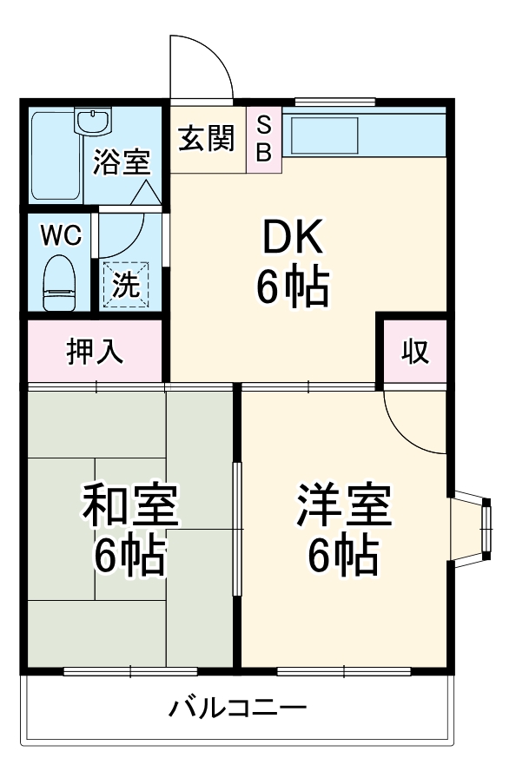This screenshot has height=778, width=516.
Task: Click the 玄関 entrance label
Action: tap(206, 138)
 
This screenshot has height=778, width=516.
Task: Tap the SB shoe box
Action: tap(264, 140)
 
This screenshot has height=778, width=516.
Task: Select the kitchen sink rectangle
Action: tap(325, 135)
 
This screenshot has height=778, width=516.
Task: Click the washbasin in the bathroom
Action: tap(93, 122)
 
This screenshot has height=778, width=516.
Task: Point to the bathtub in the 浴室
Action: tap(56, 156)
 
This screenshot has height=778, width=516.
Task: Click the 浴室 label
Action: tap(122, 162)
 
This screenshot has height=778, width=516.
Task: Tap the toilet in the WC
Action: tap(60, 283)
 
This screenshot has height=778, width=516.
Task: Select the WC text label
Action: tap(61, 235)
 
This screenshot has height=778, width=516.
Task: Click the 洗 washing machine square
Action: tap(126, 283)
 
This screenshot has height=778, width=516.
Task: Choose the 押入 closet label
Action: tap(95, 352)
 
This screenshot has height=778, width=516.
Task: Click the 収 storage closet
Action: tap(415, 352)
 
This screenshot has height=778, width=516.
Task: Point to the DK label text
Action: tap(292, 237)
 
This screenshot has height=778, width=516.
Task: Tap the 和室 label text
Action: tap(130, 505)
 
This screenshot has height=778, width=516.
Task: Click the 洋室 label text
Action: tap(344, 504)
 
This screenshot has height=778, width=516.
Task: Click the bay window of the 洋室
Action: tap(472, 529)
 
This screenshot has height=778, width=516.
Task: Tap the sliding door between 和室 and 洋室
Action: tap(237, 529)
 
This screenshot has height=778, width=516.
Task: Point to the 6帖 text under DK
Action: tap(292, 287)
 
